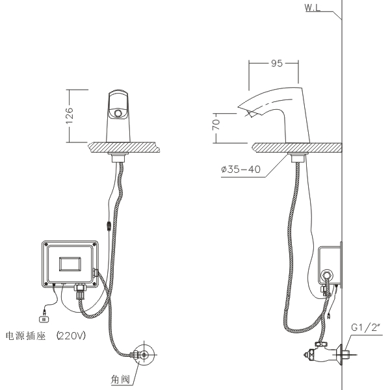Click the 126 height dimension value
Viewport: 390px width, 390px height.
(70, 116)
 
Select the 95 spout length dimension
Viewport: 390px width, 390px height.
(277, 64)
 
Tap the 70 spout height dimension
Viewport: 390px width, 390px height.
(216, 125)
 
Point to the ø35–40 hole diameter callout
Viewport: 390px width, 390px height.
(240, 170)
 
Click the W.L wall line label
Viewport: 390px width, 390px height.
(313, 8)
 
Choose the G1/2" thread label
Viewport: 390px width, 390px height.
(366, 328)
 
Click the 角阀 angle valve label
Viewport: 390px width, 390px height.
(120, 380)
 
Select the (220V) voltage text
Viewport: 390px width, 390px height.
(71, 336)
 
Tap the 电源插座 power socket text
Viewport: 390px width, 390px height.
(25, 336)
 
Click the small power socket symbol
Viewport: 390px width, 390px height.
(44, 319)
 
